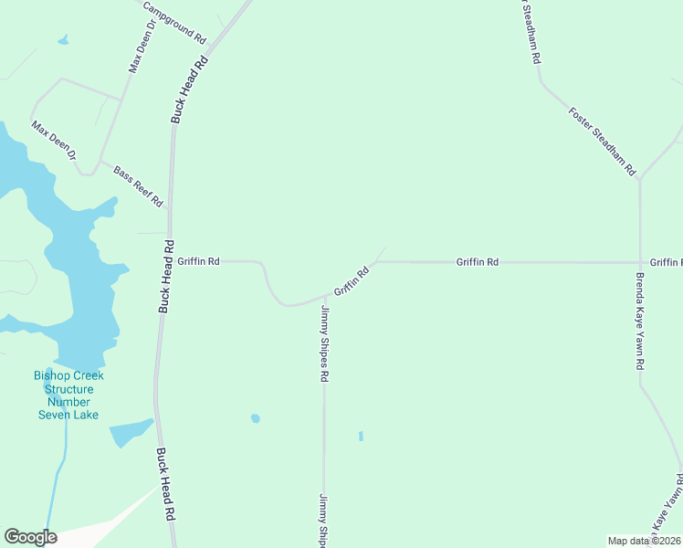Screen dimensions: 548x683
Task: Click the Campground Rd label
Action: [x=174, y=22]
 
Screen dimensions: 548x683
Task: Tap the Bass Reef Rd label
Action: [x=138, y=185]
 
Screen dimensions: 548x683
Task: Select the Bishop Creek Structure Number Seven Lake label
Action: [x=68, y=395]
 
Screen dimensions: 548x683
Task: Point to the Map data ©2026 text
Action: [x=644, y=541]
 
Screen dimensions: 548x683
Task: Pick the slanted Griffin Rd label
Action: [x=351, y=281]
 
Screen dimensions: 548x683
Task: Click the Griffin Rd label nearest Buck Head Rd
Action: [x=198, y=261]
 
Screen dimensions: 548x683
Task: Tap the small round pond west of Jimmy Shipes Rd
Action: [x=256, y=418]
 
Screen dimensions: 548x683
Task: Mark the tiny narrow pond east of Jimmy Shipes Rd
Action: [x=361, y=436]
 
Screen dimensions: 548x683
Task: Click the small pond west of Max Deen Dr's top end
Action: [x=62, y=40]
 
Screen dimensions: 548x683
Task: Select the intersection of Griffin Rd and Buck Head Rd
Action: [x=168, y=261]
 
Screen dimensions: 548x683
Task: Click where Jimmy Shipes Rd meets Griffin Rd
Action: [x=324, y=296]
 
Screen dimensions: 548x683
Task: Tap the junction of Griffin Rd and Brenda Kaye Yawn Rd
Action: [x=640, y=262]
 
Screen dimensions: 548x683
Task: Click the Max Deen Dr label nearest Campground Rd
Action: [x=142, y=47]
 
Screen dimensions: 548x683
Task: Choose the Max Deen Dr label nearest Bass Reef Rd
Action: [x=54, y=140]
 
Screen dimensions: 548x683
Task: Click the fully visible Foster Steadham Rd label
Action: [x=602, y=142]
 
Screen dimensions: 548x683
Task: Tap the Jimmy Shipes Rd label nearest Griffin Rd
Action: [x=324, y=343]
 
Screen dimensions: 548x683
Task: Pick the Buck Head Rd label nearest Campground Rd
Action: [x=190, y=90]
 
